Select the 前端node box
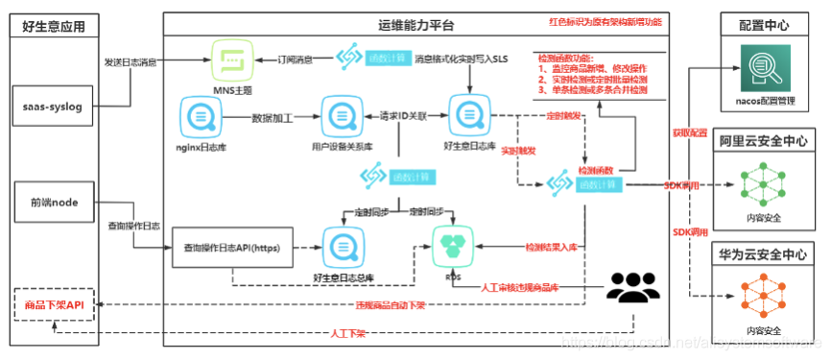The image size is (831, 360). click(55, 203)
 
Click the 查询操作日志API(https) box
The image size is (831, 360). click(231, 247)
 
